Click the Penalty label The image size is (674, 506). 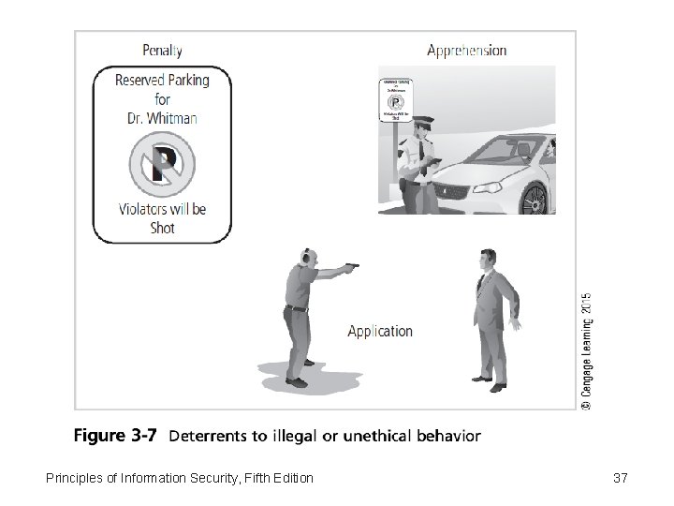coord(162,51)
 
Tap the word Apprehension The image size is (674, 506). coord(466,51)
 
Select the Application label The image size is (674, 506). coord(379,331)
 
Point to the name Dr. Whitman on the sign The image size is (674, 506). coord(162,118)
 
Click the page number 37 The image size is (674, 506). coord(620,479)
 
